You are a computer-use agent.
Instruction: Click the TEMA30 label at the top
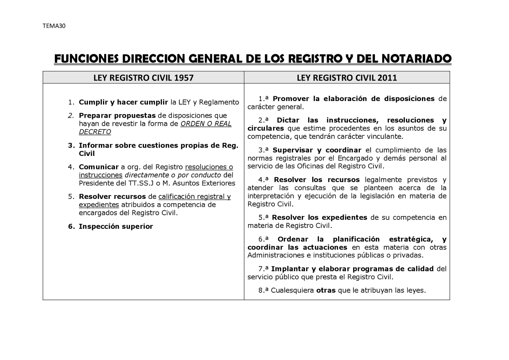(x=54, y=26)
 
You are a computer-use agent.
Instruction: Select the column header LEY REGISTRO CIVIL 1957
(x=144, y=78)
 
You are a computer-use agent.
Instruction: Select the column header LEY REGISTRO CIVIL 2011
(x=347, y=78)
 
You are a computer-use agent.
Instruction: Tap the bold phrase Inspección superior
(x=116, y=226)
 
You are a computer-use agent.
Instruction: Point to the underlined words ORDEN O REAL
(x=206, y=123)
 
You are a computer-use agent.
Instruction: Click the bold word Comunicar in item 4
(x=99, y=167)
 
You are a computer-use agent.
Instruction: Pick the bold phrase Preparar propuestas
(x=117, y=115)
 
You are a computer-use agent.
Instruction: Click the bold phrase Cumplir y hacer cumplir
(x=123, y=102)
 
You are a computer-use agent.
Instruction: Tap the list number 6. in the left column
(x=72, y=226)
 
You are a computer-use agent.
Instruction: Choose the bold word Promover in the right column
(x=291, y=99)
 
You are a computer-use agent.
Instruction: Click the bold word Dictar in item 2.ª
(x=288, y=120)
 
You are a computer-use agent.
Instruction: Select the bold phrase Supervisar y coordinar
(x=317, y=150)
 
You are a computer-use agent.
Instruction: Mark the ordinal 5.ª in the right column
(x=264, y=217)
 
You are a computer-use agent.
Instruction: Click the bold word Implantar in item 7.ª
(x=289, y=269)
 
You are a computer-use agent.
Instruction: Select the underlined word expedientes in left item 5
(x=99, y=204)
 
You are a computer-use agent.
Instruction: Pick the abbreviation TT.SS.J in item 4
(x=140, y=183)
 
